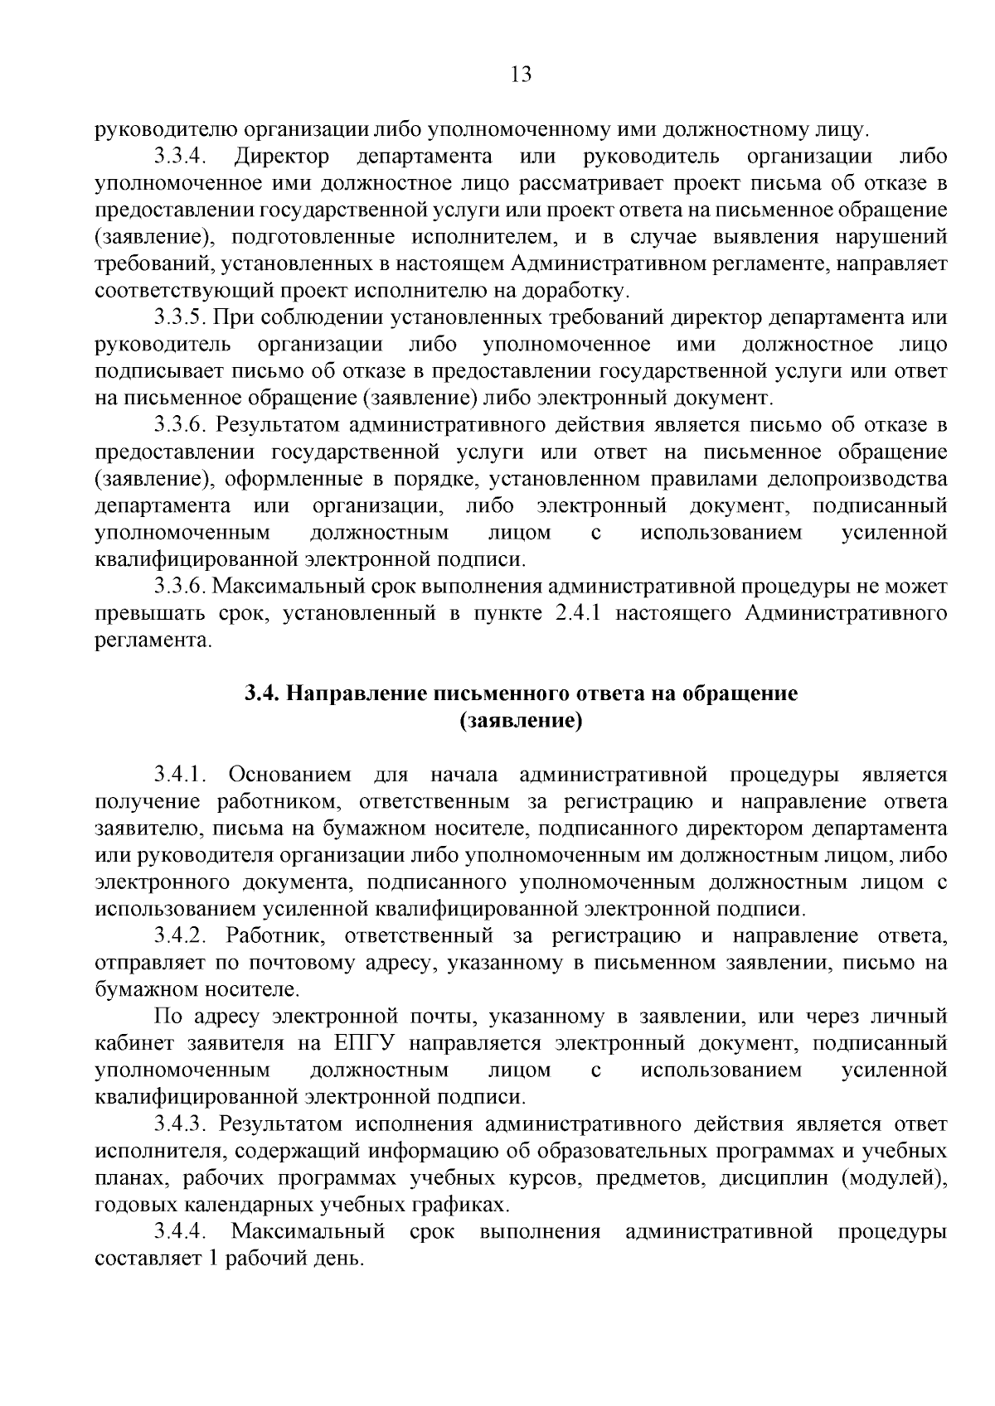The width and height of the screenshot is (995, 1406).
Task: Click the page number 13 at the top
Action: point(521,75)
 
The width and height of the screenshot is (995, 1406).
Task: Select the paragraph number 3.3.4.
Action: point(179,157)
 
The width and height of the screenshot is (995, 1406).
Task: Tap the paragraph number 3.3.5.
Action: point(180,318)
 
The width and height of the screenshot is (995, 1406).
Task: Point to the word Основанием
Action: point(289,775)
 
